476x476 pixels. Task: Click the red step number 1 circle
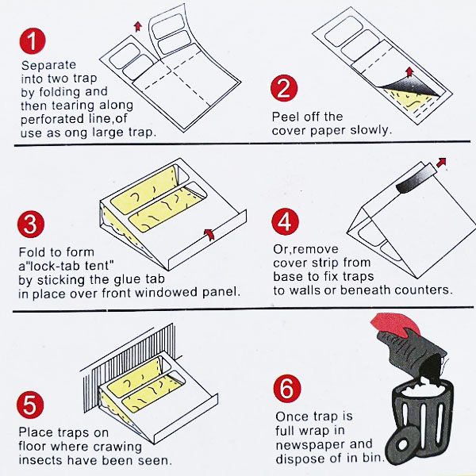coord(33,41)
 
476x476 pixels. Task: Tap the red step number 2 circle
coord(284,88)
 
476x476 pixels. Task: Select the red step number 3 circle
coord(31,225)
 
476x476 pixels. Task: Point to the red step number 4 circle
coord(285,221)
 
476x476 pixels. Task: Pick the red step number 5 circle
coord(30,405)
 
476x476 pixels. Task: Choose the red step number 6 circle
coord(287,389)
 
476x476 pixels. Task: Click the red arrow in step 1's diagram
coord(138,26)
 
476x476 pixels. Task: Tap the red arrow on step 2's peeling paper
coord(409,72)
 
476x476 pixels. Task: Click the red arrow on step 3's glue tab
coord(209,234)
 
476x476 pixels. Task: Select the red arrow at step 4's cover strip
coord(441,162)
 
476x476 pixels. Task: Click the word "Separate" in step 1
coord(48,65)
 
